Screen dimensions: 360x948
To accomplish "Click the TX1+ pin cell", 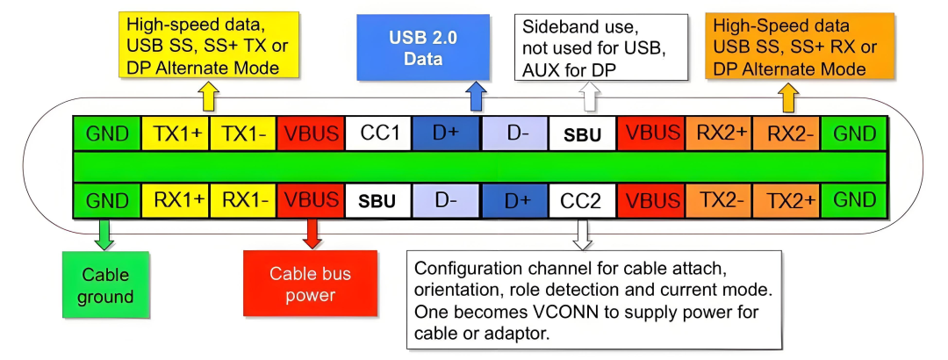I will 175,133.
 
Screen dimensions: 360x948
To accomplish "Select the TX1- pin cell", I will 243,133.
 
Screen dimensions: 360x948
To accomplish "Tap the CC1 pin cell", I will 379,133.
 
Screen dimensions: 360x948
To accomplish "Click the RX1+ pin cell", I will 175,200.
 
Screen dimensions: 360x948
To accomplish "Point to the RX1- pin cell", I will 243,200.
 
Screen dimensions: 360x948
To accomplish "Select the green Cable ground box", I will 104,284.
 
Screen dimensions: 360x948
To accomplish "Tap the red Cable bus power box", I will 310,284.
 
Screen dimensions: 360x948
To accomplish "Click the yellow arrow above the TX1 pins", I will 209,97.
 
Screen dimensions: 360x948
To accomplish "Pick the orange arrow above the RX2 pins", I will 786,97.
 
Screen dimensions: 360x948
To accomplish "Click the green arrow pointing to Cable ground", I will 104,234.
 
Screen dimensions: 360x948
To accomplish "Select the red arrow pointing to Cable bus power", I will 311,234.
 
